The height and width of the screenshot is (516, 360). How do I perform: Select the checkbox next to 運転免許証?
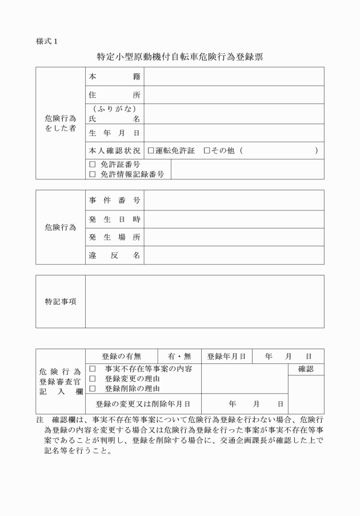coord(151,150)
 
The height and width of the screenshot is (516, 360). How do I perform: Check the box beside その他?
coord(207,150)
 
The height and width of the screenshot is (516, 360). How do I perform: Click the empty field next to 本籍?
coord(234,77)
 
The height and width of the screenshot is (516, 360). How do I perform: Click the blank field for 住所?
coord(234,95)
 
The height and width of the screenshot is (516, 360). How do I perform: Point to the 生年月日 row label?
coord(114,133)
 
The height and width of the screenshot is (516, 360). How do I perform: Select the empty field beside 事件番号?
coord(234,200)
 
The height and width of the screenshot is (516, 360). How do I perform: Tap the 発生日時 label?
coord(114,219)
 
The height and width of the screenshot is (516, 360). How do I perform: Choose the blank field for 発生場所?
coord(234,237)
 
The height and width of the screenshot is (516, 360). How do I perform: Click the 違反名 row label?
coord(114,255)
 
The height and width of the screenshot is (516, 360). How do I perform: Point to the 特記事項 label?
coord(61,301)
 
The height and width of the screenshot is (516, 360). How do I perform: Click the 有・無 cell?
coord(179,356)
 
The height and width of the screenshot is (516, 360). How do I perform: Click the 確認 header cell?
coord(306,369)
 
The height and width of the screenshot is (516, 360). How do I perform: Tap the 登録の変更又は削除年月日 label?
coord(142,403)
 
